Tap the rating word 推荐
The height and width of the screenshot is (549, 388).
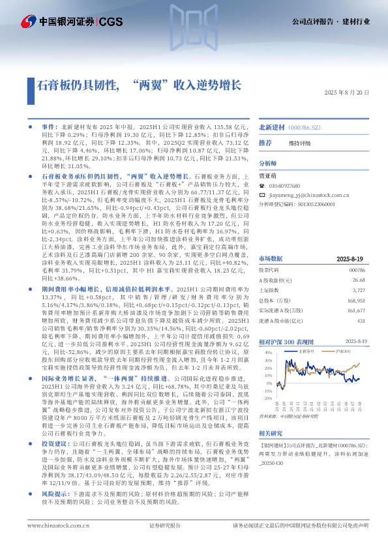[x=265, y=142]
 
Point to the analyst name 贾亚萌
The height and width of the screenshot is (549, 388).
[x=267, y=175]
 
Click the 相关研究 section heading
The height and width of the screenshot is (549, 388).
[x=271, y=432]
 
